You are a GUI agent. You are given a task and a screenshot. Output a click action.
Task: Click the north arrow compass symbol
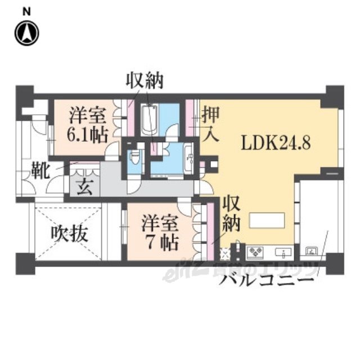(x=26, y=33)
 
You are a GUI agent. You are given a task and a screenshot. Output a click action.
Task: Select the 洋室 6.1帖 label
(x=87, y=127)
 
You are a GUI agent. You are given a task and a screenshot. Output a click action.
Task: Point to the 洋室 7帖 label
(x=160, y=233)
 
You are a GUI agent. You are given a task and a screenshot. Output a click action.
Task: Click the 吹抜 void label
(x=70, y=233)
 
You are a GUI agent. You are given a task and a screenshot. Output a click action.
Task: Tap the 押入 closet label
(x=209, y=124)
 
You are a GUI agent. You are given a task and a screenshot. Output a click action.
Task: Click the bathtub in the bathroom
(x=149, y=120)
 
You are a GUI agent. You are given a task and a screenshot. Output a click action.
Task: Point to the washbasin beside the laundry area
(x=188, y=153)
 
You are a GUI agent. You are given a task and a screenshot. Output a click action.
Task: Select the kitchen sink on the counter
(x=286, y=251)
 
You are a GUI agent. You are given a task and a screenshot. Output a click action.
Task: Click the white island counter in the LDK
(x=267, y=220)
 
